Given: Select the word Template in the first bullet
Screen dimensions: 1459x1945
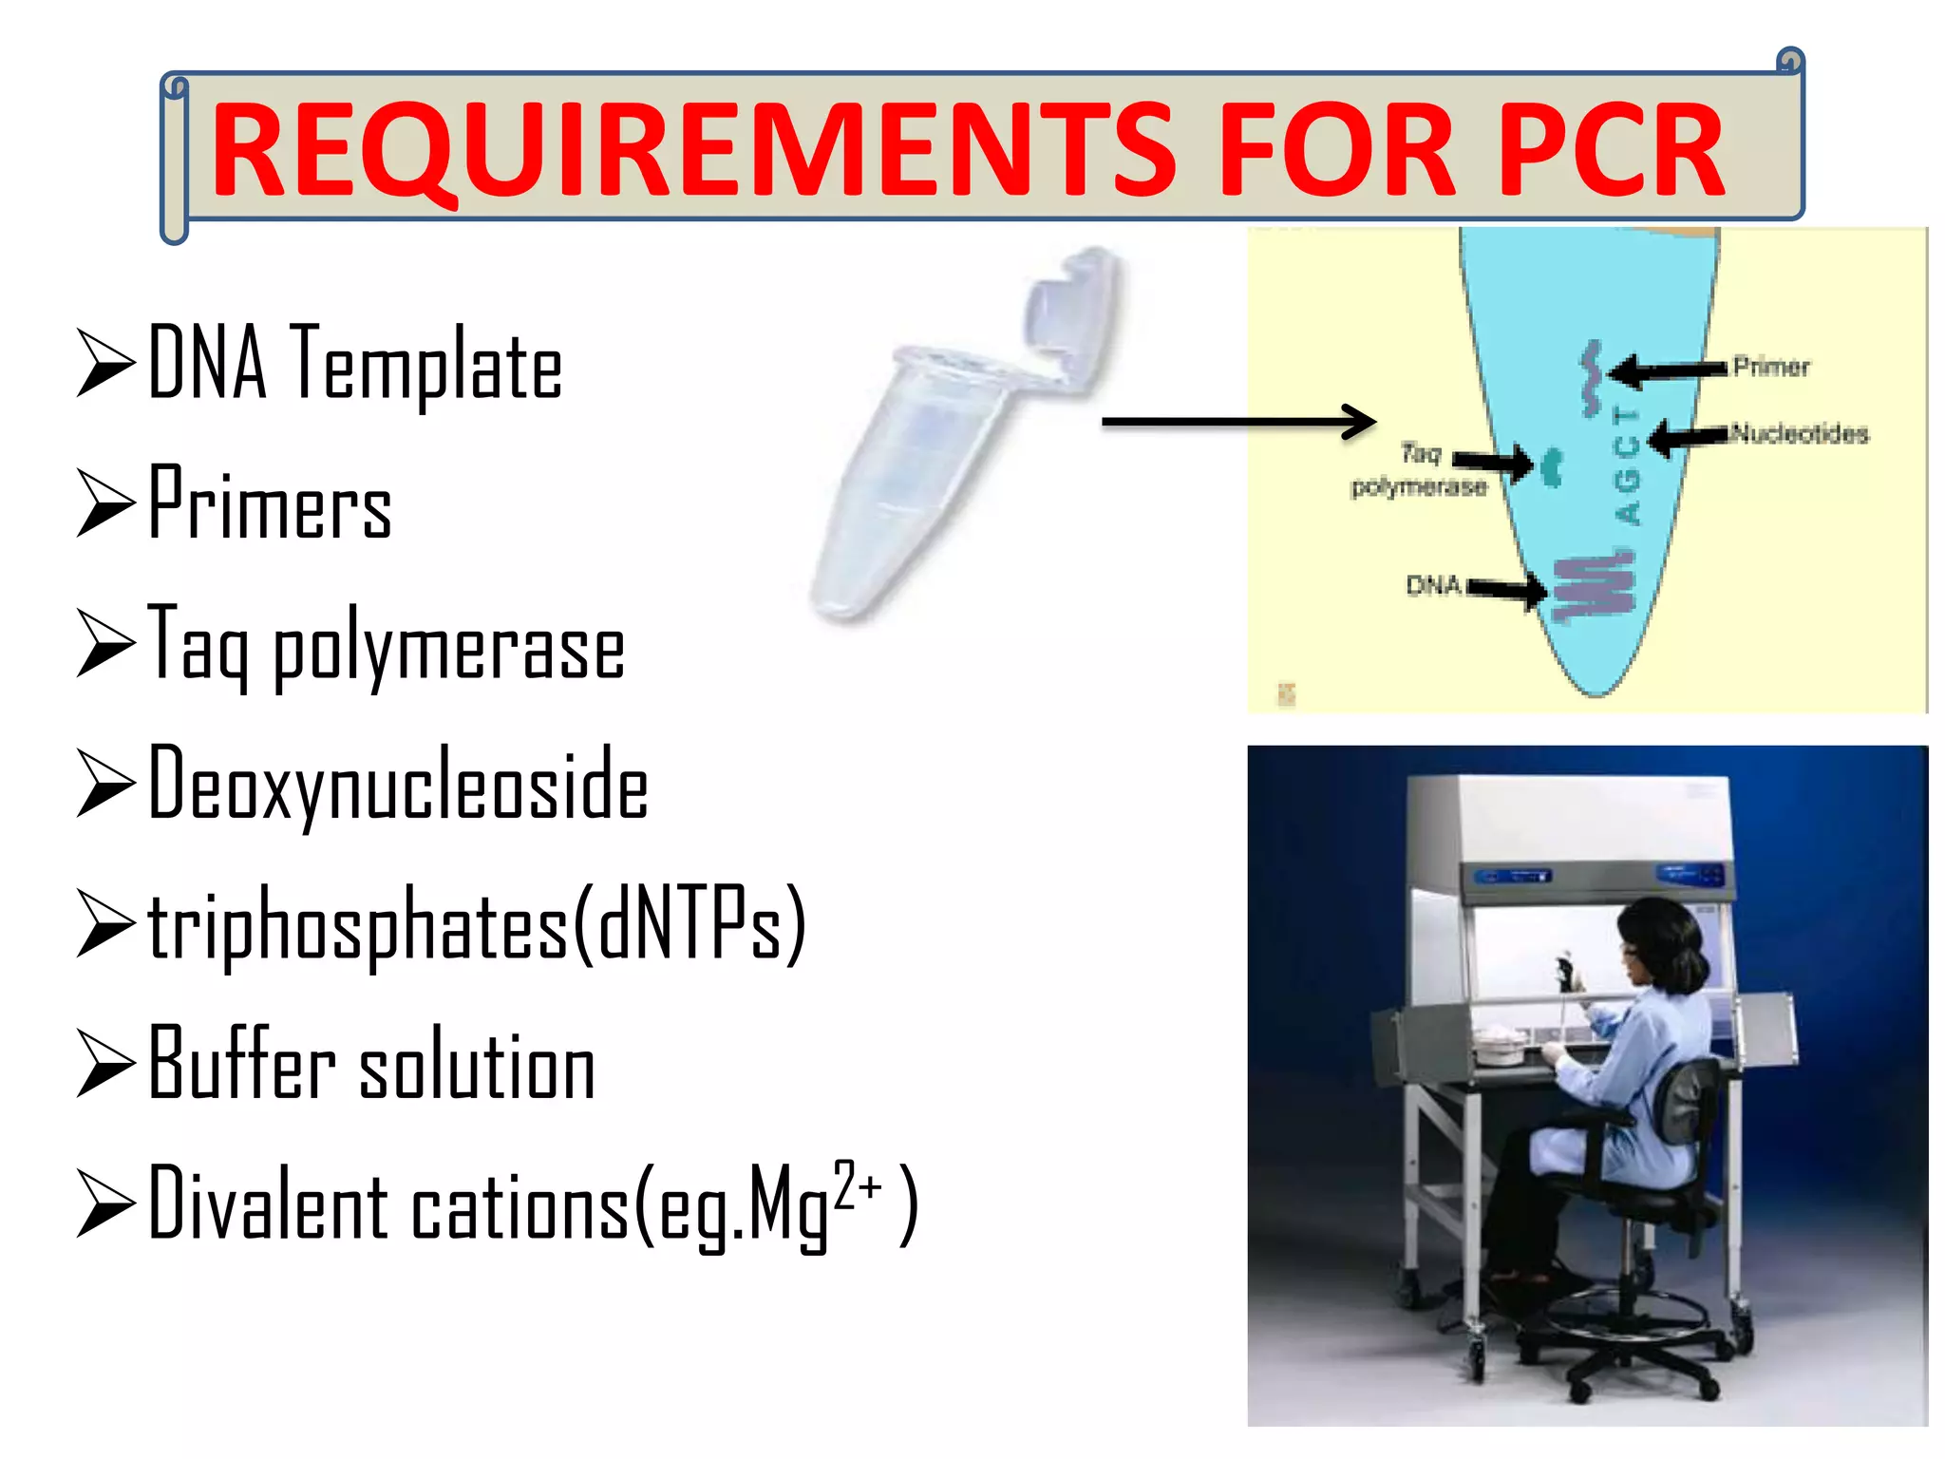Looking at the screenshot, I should (427, 366).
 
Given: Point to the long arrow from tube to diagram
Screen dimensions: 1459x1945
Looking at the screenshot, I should (1235, 421).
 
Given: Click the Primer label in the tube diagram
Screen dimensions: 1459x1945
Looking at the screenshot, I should (1771, 367).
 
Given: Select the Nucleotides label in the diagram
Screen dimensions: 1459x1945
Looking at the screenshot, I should (1800, 434).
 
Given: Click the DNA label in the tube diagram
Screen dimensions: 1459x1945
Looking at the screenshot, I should (1432, 585).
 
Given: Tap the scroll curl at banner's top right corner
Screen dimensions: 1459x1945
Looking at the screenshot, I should (1790, 62).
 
